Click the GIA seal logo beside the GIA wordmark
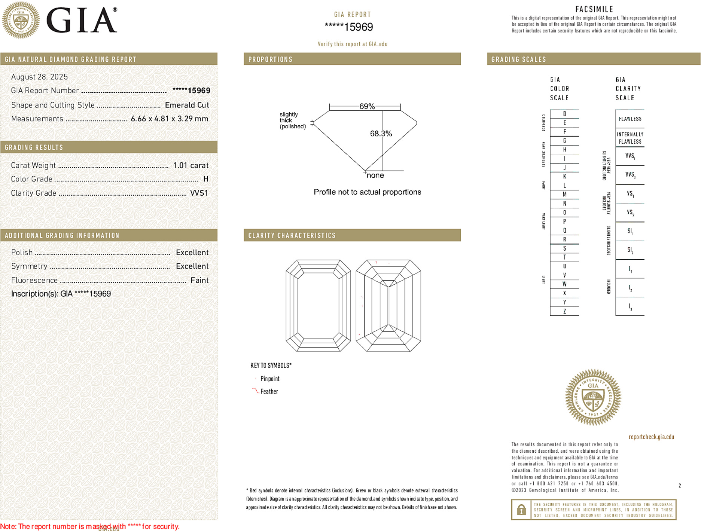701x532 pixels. (21, 20)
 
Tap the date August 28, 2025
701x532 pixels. (39, 77)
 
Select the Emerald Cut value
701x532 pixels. (187, 105)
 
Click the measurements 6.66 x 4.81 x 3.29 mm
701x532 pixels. (169, 119)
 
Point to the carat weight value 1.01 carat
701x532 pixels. (191, 165)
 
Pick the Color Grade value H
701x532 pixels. (205, 179)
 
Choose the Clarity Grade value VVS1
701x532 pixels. (199, 193)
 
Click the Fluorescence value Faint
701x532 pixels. (199, 280)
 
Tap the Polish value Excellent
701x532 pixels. (192, 253)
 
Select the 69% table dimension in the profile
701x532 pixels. (367, 106)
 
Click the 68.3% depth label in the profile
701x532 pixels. (381, 134)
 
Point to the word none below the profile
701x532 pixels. (375, 175)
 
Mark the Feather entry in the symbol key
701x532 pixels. (269, 391)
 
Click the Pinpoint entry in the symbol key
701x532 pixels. (270, 379)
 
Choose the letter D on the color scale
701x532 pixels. (564, 114)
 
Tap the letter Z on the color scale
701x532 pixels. (564, 311)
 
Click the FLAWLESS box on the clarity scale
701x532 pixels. (630, 119)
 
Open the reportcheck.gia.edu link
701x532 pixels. (651, 437)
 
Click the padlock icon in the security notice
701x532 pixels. (521, 510)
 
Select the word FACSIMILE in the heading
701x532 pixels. (594, 9)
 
